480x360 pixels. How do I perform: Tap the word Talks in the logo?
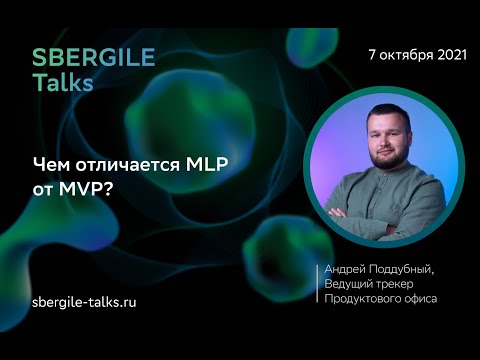pyautogui.click(x=62, y=83)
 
